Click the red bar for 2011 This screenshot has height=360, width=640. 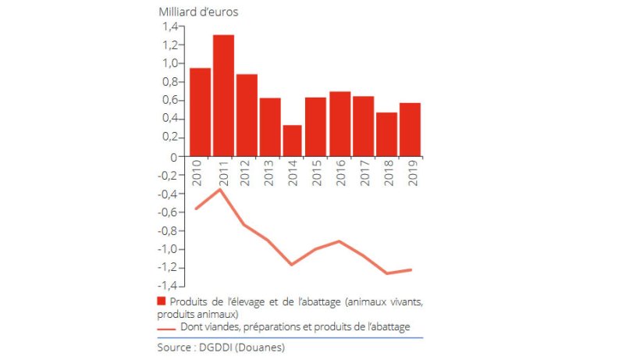pos(223,95)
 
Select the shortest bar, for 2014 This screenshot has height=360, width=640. pos(292,141)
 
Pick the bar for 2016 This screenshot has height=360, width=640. pos(340,124)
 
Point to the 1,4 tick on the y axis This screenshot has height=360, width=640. pos(169,26)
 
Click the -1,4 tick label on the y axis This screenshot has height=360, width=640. pos(168,287)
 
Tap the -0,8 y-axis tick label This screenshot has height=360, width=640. pos(168,231)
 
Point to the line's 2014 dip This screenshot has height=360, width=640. pos(292,265)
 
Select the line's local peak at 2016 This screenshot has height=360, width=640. pos(340,241)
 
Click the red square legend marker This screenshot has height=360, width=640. pos(162,301)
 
